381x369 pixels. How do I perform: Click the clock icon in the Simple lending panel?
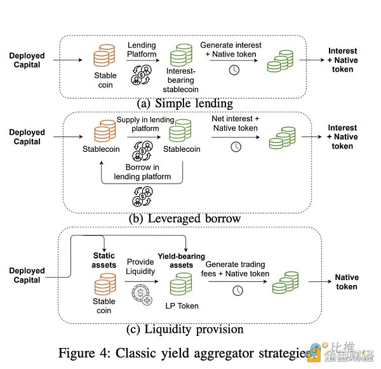234,70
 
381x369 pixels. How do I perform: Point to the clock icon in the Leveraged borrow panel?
236,147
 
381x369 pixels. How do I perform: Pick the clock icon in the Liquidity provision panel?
237,290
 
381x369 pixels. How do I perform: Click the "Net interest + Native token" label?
236,123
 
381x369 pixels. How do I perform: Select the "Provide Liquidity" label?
141,266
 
